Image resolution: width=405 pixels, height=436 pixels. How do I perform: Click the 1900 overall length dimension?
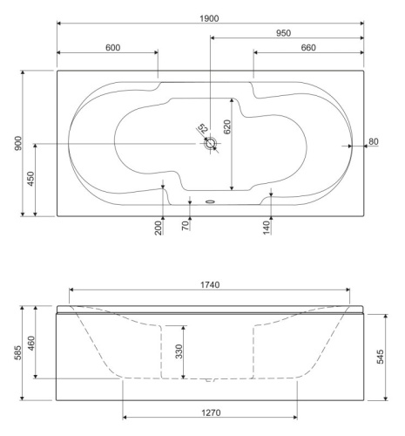(210, 17)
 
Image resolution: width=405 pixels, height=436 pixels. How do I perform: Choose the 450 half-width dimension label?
(31, 181)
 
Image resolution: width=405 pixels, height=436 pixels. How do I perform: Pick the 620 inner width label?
(227, 127)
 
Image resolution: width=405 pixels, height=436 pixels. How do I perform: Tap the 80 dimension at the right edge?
(375, 140)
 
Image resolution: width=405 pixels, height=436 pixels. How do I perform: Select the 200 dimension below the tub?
(158, 229)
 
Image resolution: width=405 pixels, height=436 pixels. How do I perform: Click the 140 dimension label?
(267, 228)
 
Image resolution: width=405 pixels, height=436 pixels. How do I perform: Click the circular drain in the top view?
(210, 146)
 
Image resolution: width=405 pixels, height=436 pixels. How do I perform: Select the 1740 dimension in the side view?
(209, 284)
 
